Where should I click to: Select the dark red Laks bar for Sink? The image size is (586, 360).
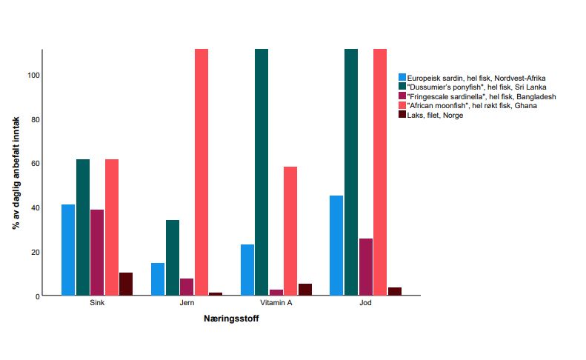pyautogui.click(x=126, y=284)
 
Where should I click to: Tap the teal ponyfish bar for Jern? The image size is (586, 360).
pyautogui.click(x=172, y=258)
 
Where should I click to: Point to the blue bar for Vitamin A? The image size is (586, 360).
pyautogui.click(x=247, y=270)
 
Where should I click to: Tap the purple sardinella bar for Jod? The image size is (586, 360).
pyautogui.click(x=365, y=267)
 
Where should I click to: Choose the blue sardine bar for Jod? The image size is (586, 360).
pyautogui.click(x=336, y=245)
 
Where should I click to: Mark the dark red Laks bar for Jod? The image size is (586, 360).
pyautogui.click(x=395, y=291)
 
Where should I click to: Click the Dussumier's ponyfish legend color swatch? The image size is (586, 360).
pyautogui.click(x=402, y=87)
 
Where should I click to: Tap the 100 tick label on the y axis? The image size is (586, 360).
pyautogui.click(x=33, y=75)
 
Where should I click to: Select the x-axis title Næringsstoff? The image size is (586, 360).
pyautogui.click(x=231, y=319)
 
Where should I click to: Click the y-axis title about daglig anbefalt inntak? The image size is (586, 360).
pyautogui.click(x=16, y=172)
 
